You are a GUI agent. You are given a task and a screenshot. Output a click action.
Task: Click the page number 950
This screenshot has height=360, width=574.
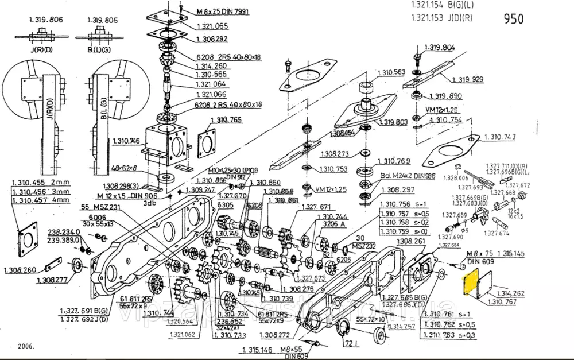[513, 19]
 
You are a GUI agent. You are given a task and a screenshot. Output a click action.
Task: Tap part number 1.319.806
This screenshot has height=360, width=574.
[46, 20]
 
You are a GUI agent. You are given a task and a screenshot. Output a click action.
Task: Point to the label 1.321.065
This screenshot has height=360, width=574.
[212, 26]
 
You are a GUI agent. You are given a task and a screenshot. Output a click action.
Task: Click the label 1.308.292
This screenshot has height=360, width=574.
[212, 40]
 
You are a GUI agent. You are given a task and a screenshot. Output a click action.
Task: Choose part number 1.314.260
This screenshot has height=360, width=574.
[211, 65]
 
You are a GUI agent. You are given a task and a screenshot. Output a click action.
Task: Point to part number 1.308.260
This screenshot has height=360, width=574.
[20, 270]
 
